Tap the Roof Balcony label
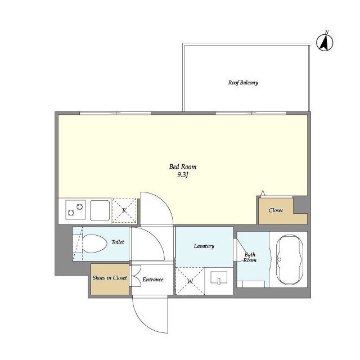click(x=243, y=83)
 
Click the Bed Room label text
click(x=183, y=166)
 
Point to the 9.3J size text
click(x=183, y=175)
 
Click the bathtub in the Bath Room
click(x=290, y=260)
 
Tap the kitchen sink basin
click(x=100, y=210)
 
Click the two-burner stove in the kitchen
click(x=75, y=210)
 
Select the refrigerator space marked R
click(x=124, y=210)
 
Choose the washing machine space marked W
click(x=190, y=281)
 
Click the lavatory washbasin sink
click(x=219, y=277)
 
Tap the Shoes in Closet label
click(x=110, y=278)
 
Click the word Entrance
click(x=153, y=280)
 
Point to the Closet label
click(x=276, y=210)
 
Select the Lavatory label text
click(x=204, y=246)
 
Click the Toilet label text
click(x=118, y=242)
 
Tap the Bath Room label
click(x=250, y=258)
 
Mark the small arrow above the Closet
click(x=263, y=193)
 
